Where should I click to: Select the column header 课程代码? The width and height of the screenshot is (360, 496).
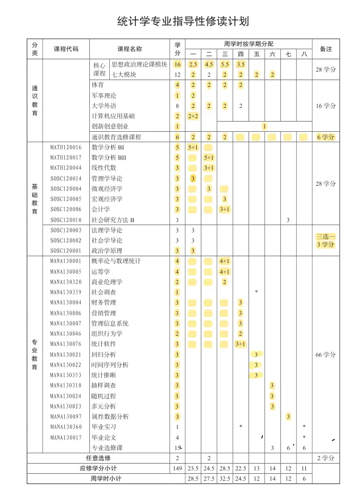(66, 49)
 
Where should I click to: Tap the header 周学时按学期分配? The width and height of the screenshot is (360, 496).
(248, 44)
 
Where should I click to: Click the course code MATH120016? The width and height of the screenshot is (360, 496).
(65, 147)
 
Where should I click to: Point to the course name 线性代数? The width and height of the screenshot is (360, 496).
(104, 168)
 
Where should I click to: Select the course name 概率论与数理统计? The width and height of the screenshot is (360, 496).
(116, 261)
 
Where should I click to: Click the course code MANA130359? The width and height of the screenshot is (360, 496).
(65, 292)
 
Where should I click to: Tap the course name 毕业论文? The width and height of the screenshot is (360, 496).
(104, 437)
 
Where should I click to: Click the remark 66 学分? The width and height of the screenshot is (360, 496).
(326, 355)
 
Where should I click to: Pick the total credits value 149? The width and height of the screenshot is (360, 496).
(177, 468)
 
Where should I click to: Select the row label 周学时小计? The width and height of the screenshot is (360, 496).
(106, 478)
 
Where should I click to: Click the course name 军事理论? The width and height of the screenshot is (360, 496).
(104, 95)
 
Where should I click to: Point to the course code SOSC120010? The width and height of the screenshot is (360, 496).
(65, 220)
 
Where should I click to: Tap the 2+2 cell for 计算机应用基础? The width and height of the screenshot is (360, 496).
(193, 116)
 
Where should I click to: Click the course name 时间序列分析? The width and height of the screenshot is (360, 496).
(110, 365)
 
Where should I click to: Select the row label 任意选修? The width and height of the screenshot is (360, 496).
(98, 458)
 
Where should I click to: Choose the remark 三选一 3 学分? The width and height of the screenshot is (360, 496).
(326, 240)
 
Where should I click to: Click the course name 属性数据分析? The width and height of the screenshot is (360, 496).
(110, 416)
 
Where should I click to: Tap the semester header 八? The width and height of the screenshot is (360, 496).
(304, 54)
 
